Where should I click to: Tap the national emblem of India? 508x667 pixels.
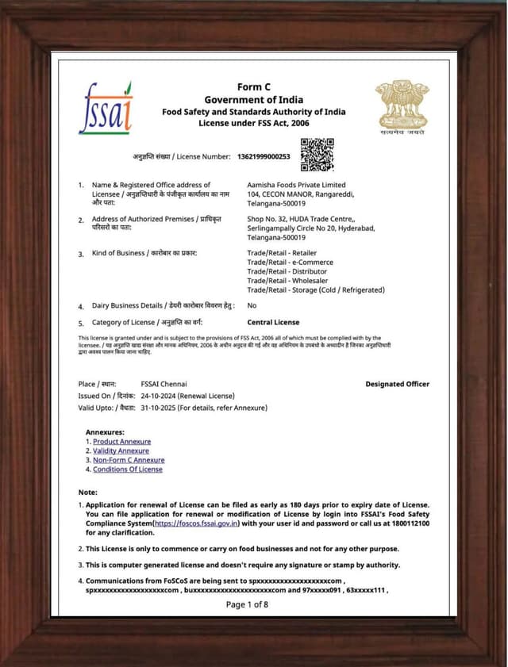coord(402,105)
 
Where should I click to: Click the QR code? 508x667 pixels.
coord(317,155)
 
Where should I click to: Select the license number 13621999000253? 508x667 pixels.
coord(264,156)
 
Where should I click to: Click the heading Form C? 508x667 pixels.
coord(253,86)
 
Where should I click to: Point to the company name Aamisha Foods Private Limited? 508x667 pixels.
coord(296,185)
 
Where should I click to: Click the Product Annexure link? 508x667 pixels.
coord(121,442)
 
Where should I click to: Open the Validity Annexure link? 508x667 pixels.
coord(121,451)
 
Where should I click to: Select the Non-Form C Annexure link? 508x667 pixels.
coord(129,460)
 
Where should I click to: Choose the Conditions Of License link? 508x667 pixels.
coord(127,470)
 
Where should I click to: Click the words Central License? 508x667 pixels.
coord(273,323)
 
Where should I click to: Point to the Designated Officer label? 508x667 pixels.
coord(397,384)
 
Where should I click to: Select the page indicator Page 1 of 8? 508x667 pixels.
coord(247,604)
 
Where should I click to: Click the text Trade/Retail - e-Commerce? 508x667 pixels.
coord(290,262)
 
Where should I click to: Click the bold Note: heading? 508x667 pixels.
coord(87,493)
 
